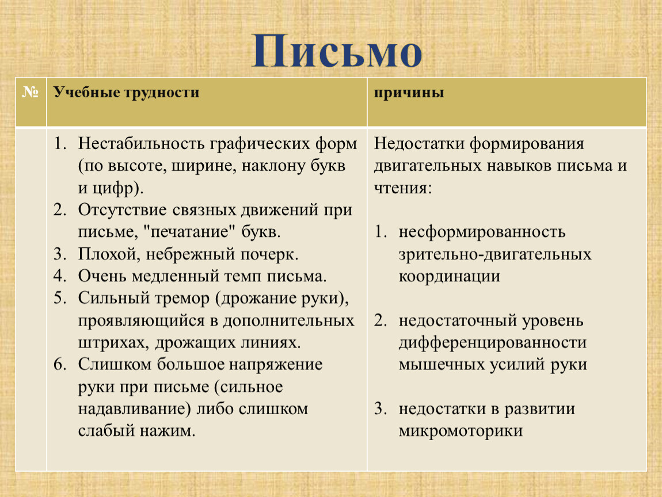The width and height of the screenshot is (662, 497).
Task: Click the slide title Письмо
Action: tap(337, 52)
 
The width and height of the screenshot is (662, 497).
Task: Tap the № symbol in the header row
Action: tap(31, 91)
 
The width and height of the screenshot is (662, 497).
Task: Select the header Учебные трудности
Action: tap(126, 93)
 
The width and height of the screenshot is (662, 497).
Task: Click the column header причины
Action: tap(409, 93)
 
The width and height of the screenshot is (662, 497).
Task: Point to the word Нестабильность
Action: tap(142, 143)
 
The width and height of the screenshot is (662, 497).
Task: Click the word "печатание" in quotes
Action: tap(189, 232)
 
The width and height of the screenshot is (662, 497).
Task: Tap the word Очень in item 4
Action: tap(102, 276)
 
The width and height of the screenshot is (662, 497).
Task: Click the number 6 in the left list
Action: tap(59, 364)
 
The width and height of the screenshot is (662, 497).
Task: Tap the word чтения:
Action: tap(403, 188)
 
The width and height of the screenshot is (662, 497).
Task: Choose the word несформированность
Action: tap(482, 232)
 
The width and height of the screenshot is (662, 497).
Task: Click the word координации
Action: tap(449, 276)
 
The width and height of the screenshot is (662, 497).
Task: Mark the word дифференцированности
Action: tap(492, 342)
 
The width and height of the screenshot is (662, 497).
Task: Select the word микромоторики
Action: tap(461, 431)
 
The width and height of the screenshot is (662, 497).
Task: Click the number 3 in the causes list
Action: tap(380, 408)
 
